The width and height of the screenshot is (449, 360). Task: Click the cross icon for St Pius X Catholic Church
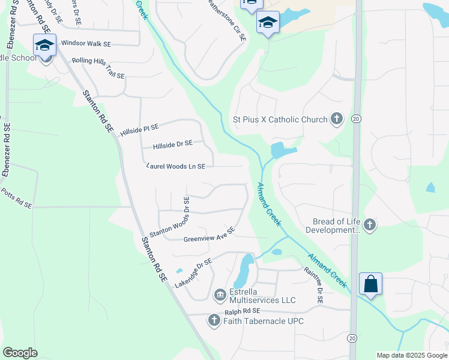pos(337,119)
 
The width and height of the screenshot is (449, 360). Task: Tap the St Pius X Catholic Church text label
pos(280,119)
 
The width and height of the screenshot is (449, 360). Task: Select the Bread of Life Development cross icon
pos(370,225)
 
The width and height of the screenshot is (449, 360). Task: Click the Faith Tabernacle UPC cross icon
pos(214,320)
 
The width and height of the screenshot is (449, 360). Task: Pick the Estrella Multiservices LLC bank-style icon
pos(220,294)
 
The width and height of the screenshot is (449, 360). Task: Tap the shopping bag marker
pos(370,283)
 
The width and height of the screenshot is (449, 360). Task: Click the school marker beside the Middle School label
pos(45,46)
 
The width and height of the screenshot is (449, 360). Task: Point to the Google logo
pos(20,353)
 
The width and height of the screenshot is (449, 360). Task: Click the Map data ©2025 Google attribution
pos(412,355)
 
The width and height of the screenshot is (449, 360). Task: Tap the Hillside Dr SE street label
pos(173,145)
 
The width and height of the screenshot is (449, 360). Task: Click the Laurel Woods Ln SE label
pos(176,166)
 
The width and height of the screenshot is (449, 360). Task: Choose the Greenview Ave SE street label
pos(209,235)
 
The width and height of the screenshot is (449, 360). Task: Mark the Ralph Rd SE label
pos(243,311)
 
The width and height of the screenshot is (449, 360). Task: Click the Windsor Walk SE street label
pos(86,43)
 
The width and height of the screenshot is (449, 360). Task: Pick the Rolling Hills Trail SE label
pos(98,68)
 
